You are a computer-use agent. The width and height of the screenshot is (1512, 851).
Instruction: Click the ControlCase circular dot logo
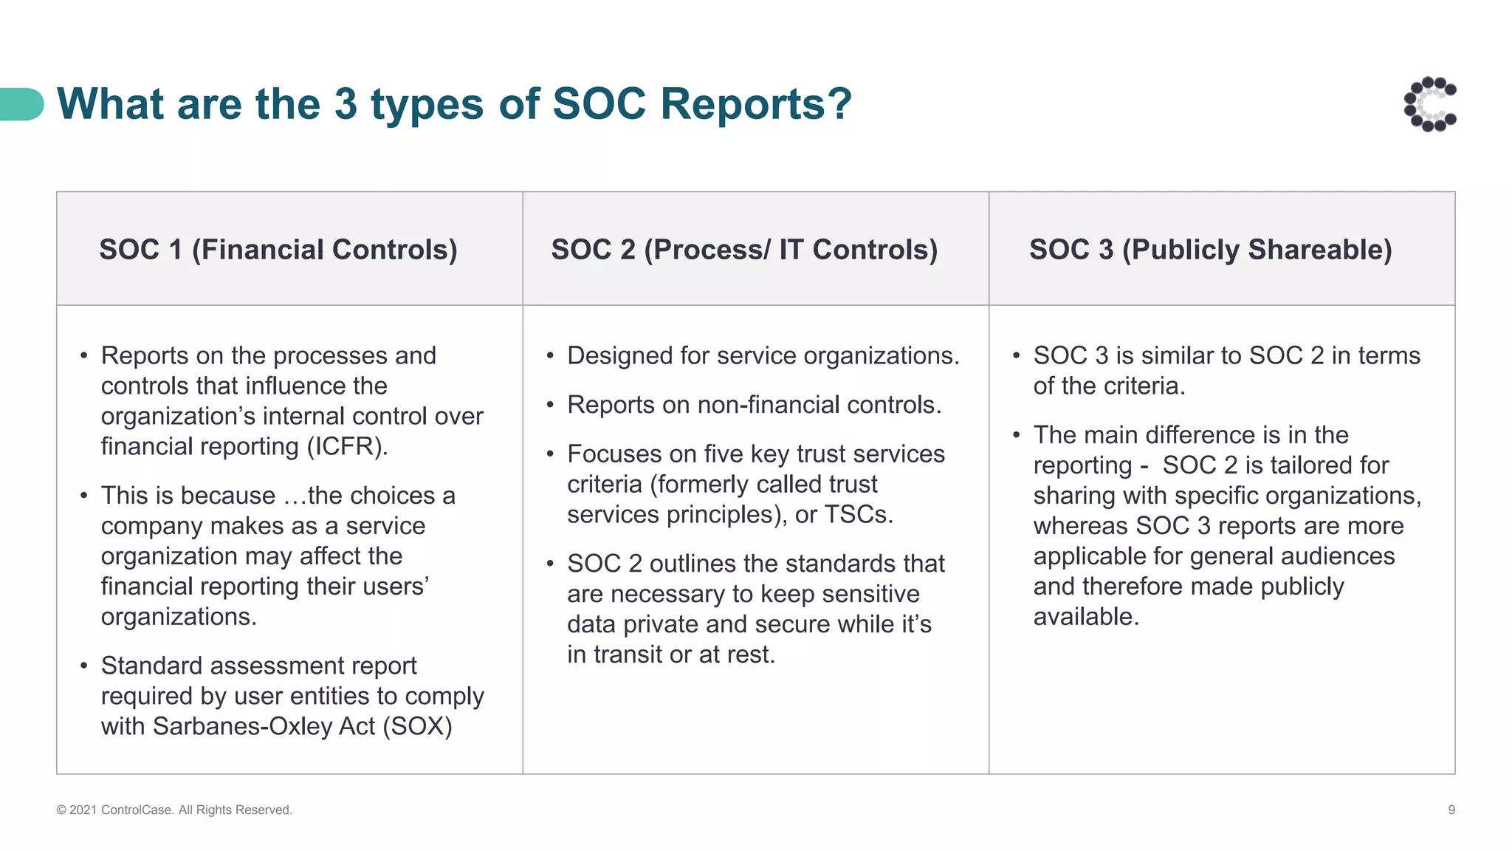pyautogui.click(x=1430, y=104)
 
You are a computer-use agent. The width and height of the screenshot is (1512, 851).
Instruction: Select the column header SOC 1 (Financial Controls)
pyautogui.click(x=278, y=250)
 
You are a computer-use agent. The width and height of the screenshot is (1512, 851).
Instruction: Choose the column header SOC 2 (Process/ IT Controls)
pyautogui.click(x=744, y=250)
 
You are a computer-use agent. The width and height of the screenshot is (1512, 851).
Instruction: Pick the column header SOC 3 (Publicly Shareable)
pyautogui.click(x=1211, y=250)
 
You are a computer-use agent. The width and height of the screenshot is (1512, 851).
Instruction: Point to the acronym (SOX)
pyautogui.click(x=417, y=727)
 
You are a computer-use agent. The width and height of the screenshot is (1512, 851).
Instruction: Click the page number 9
pyautogui.click(x=1451, y=810)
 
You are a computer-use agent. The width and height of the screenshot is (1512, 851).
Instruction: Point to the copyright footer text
pyautogui.click(x=174, y=810)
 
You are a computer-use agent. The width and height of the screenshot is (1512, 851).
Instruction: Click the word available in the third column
pyautogui.click(x=1085, y=617)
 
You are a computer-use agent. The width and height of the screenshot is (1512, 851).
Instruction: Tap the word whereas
pyautogui.click(x=1080, y=526)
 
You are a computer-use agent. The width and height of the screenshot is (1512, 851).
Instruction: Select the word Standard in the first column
pyautogui.click(x=151, y=666)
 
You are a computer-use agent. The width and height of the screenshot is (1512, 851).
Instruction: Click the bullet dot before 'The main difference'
pyautogui.click(x=1017, y=435)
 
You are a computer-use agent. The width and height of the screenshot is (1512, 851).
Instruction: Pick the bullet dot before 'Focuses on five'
pyautogui.click(x=550, y=454)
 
